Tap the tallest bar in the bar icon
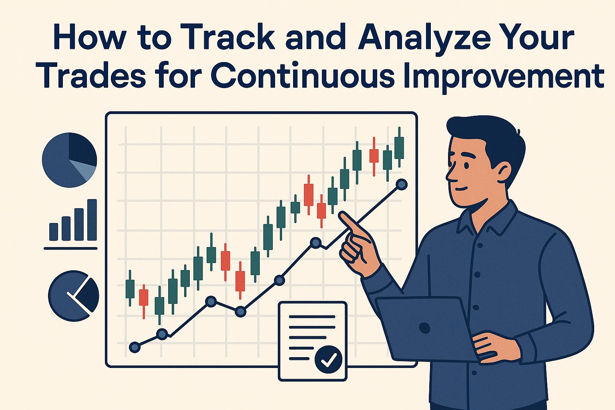[x=92, y=219]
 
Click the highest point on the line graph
[x=401, y=184]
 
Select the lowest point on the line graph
[x=135, y=347]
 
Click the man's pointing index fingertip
[x=342, y=216]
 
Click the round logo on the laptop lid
[x=424, y=328]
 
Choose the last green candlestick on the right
[x=399, y=148]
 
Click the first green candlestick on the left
[x=130, y=288]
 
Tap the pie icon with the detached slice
[x=74, y=295]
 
